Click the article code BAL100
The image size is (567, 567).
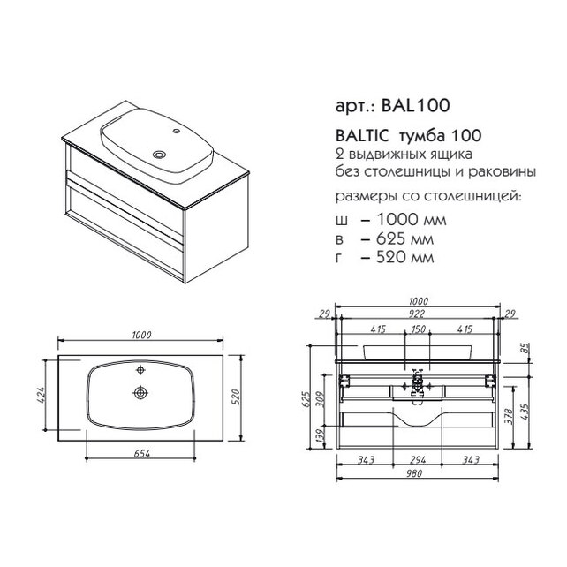[415, 106]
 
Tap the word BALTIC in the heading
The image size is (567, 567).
[362, 136]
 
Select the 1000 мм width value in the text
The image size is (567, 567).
[412, 220]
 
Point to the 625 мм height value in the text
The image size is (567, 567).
[404, 238]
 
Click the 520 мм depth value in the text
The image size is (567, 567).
[404, 257]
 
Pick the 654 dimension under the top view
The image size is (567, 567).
[141, 453]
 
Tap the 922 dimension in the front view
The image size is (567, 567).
[417, 314]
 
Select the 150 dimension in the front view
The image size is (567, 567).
[419, 329]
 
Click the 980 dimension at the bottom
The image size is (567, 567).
[414, 473]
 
